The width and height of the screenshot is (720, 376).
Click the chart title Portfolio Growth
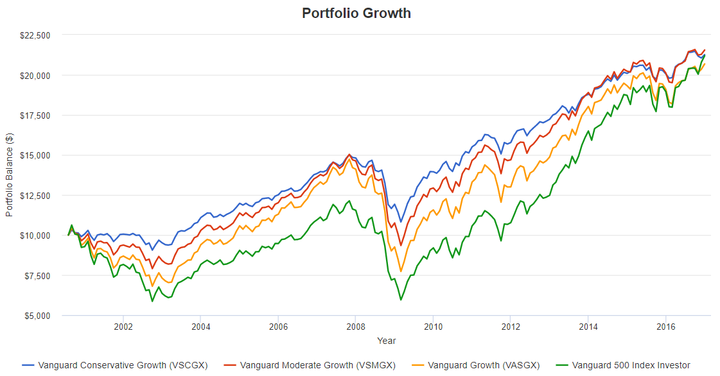356,13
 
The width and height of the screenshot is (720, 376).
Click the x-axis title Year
387,341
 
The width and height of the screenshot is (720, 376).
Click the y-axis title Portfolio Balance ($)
9,175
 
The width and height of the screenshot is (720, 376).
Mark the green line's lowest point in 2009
401,300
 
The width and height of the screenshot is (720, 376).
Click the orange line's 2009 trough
401,271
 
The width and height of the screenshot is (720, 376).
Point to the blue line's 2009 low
401,222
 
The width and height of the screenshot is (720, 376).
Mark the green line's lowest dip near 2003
152,301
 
